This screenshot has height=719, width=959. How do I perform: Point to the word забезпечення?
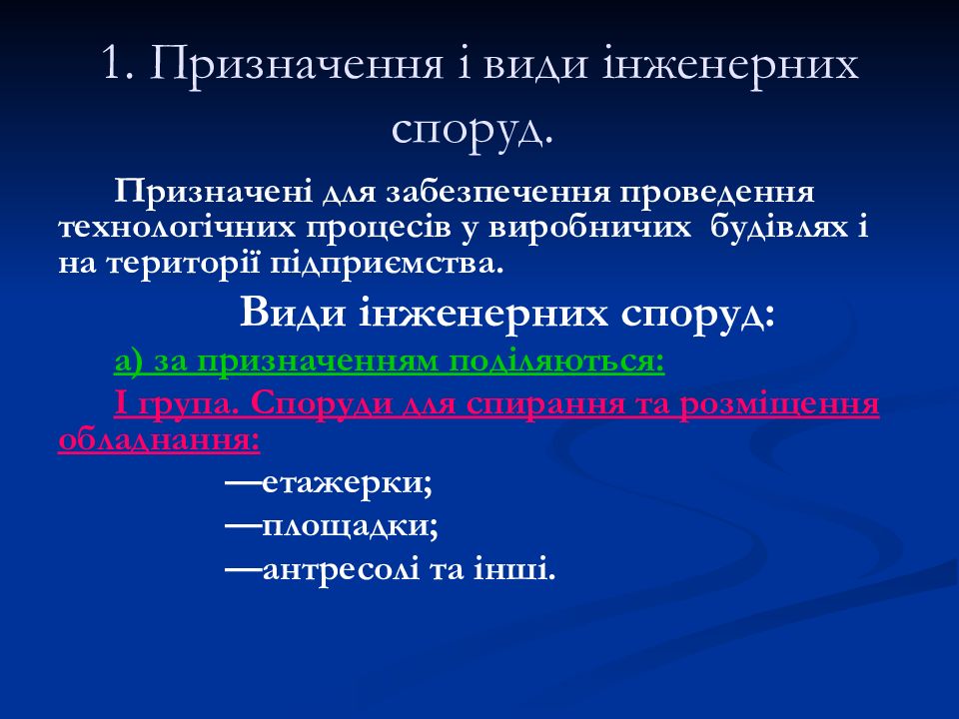click(497, 193)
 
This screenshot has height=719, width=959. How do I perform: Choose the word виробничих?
click(589, 228)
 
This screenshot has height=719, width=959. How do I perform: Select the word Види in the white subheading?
click(293, 313)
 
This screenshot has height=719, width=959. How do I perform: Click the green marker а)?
click(129, 361)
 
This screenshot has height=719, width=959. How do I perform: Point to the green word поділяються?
click(556, 361)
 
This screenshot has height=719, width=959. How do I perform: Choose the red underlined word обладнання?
click(159, 440)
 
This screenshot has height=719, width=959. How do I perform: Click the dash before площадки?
click(244, 525)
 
